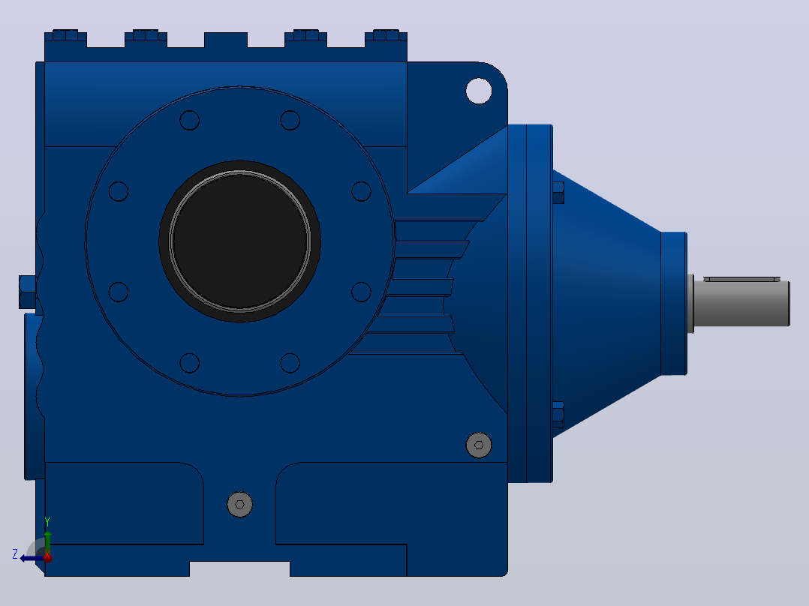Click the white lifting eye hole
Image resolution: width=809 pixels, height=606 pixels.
click(479, 91)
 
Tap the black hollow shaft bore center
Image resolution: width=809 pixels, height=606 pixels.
click(240, 241)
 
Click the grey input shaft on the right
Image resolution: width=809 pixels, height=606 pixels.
click(741, 303)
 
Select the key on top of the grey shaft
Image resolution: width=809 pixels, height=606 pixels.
click(742, 279)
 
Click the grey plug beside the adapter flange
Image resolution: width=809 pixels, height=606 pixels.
click(479, 445)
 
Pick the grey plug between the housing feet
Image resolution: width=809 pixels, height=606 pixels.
click(240, 505)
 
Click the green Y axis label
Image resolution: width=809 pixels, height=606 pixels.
click(47, 522)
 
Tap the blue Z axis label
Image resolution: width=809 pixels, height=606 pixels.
click(15, 554)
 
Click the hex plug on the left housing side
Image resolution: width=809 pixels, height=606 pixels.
click(28, 292)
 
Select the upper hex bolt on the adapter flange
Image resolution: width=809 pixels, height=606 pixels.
click(558, 193)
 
